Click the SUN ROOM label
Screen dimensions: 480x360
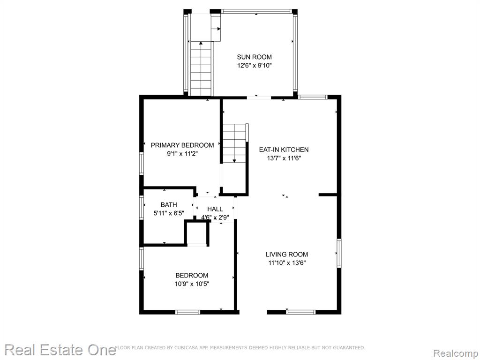[254, 57]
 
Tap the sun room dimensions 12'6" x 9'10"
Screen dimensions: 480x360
[254, 66]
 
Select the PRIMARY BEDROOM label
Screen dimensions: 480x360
[182, 145]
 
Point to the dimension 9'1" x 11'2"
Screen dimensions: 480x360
[182, 154]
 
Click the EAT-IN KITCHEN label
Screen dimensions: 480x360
[284, 150]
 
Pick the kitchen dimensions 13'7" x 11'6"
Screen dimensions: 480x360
[284, 158]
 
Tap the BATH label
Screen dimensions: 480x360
[169, 204]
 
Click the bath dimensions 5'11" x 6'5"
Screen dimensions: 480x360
[169, 213]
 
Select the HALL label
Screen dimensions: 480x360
[215, 209]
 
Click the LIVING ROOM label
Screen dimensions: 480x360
[286, 254]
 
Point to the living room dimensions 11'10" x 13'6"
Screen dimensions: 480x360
[286, 262]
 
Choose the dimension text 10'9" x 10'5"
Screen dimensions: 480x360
[192, 284]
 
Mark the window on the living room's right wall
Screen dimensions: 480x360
[339, 253]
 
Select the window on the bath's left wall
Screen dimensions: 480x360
[142, 208]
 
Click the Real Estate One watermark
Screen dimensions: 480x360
[60, 350]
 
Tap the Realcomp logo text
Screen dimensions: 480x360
[456, 353]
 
